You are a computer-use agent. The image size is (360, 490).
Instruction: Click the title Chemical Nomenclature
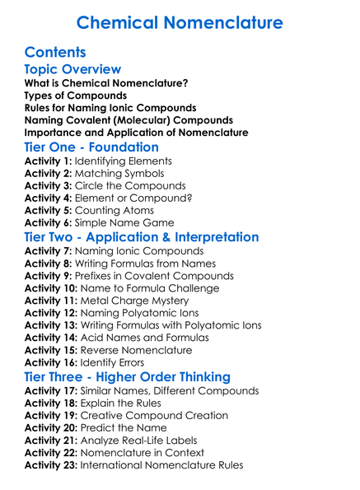[180, 21]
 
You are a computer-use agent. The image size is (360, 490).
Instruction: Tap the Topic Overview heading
[73, 70]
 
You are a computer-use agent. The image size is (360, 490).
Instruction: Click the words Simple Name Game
[124, 222]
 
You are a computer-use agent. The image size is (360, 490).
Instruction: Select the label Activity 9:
[49, 275]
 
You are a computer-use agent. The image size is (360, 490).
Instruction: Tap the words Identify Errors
[116, 362]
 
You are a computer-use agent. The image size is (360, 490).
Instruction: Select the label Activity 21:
[51, 441]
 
